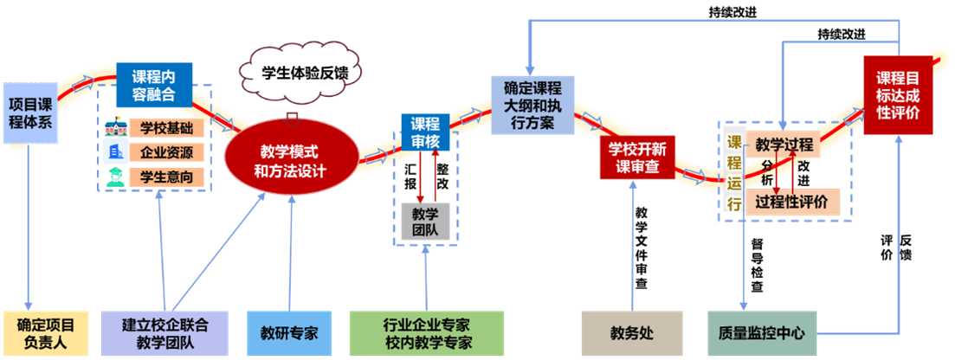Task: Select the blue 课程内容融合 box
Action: point(155,84)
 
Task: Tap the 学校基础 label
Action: point(166,129)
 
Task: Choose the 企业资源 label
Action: point(166,153)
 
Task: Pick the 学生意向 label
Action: point(166,177)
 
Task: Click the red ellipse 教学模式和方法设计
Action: point(290,157)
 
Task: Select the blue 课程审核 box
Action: point(424,132)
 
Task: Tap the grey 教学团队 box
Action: point(424,221)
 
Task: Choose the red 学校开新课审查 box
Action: point(636,157)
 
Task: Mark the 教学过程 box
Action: point(783,145)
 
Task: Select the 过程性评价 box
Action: point(790,202)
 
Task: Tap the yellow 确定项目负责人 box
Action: point(45,332)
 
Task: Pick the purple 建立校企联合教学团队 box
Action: point(165,332)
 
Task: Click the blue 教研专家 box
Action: point(289,332)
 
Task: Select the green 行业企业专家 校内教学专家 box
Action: point(426,332)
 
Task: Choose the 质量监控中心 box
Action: point(761,332)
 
